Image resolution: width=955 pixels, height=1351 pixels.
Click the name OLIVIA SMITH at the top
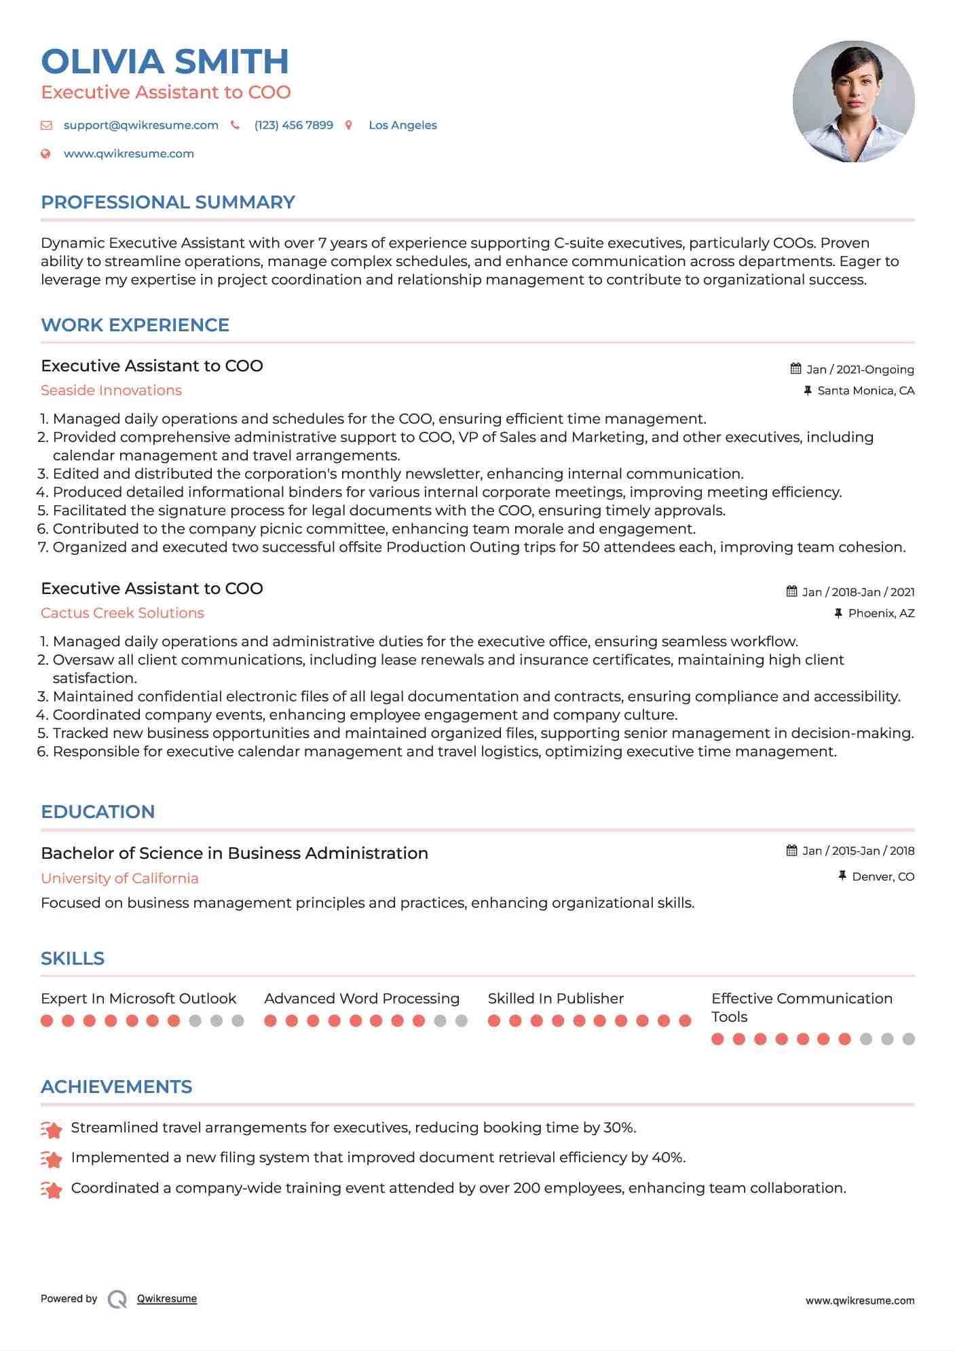[165, 62]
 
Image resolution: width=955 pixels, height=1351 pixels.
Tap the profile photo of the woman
[853, 102]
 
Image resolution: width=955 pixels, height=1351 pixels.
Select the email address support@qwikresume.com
[141, 126]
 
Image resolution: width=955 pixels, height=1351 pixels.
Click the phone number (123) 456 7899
[293, 126]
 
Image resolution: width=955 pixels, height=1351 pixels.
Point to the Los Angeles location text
[402, 126]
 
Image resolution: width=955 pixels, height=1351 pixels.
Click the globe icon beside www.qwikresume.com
[46, 154]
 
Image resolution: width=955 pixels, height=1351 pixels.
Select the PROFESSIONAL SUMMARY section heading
[168, 202]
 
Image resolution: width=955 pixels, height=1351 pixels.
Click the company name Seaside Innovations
[111, 390]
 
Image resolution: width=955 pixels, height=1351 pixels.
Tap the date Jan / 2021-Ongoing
[859, 369]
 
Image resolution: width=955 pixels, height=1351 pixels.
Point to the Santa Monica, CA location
[865, 390]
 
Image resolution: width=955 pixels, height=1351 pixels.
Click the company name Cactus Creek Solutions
[122, 613]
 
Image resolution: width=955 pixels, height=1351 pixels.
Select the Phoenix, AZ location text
[881, 613]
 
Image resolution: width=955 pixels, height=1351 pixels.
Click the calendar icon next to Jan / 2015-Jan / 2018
[791, 851]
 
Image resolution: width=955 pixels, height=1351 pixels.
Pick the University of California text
[119, 878]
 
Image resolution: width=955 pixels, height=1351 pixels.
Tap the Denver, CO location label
[882, 876]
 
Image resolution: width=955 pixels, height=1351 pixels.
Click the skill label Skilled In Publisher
[555, 999]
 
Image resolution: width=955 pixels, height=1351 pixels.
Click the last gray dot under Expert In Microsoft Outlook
[238, 1020]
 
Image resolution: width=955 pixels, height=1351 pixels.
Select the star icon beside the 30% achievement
[52, 1129]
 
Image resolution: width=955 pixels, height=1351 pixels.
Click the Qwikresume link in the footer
[167, 1299]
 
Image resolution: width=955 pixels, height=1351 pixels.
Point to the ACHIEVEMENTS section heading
[116, 1087]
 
